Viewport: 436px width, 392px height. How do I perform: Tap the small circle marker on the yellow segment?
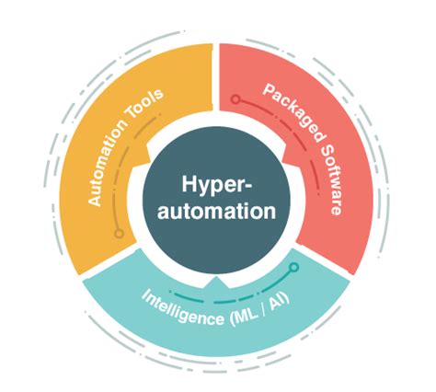pyautogui.click(x=119, y=234)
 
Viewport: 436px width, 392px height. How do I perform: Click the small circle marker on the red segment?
pyautogui.click(x=235, y=98)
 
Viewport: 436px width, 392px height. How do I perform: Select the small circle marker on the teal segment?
pyautogui.click(x=294, y=269)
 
